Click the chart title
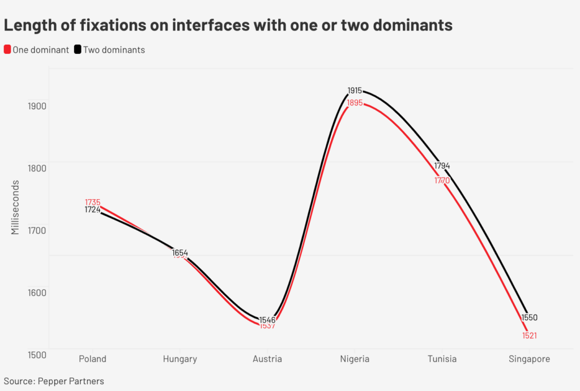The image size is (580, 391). [x=228, y=25]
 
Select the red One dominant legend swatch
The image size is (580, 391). [x=7, y=49]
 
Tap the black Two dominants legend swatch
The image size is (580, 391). [x=78, y=49]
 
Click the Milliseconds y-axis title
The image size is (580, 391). [x=15, y=207]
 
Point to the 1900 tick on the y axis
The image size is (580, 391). [x=37, y=105]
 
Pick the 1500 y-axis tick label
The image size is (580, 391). [x=37, y=354]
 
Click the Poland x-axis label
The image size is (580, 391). [x=92, y=359]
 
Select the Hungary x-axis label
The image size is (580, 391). [x=180, y=359]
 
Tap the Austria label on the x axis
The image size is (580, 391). [x=267, y=359]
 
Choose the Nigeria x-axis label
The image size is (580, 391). [x=355, y=359]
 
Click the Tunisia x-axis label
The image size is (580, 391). [x=442, y=359]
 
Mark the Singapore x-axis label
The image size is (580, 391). [x=529, y=359]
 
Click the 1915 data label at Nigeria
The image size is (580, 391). [x=355, y=91]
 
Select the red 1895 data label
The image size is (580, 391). [x=355, y=102]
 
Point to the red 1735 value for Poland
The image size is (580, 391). [x=93, y=202]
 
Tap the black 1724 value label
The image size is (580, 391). [x=92, y=210]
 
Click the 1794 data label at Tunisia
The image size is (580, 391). [x=442, y=166]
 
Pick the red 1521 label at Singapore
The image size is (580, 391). [x=529, y=336]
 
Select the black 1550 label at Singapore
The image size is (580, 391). [x=529, y=317]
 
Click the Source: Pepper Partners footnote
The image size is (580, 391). [x=54, y=381]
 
